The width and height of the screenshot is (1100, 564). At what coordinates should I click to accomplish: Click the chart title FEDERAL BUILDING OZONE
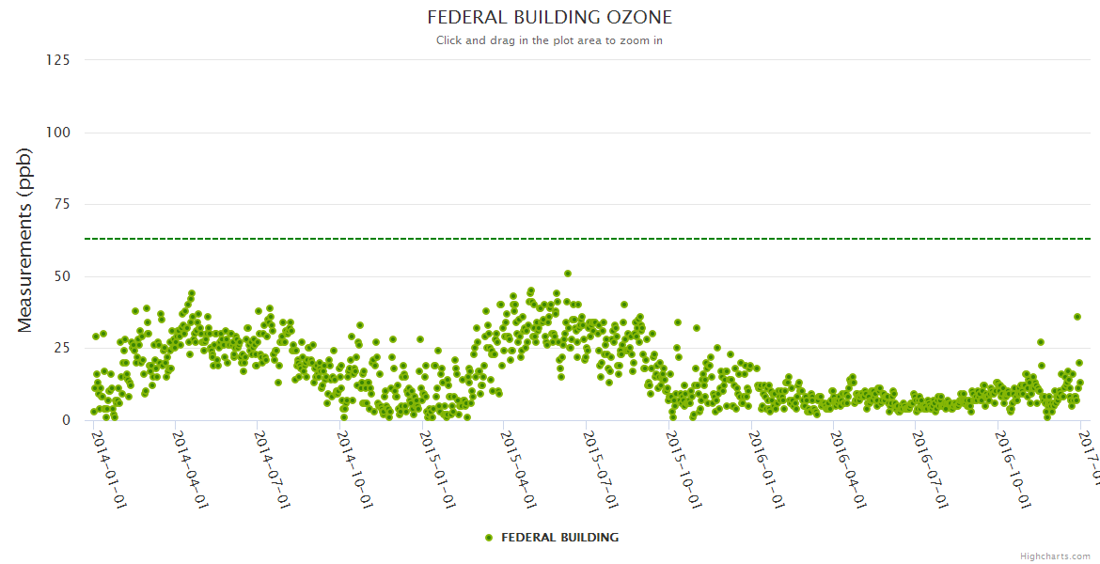(549, 18)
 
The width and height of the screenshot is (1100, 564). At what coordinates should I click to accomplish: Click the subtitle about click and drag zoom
(549, 40)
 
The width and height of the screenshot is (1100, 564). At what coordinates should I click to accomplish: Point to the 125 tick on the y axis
(57, 60)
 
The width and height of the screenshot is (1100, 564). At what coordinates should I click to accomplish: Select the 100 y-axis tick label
(57, 133)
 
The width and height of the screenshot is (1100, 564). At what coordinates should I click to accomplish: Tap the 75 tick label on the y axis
(61, 204)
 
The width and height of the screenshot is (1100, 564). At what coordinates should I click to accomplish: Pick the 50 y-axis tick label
(61, 276)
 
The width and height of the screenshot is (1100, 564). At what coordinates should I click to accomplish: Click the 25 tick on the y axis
(61, 349)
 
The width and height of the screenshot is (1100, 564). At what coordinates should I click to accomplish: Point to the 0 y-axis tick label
(65, 420)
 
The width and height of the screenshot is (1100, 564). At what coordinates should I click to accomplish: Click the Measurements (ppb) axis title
(25, 240)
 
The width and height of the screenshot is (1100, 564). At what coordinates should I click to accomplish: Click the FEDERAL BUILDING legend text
(559, 538)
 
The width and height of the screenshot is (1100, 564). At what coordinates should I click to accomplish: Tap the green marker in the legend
(488, 538)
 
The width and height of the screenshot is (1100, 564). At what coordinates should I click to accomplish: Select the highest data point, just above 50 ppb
(568, 274)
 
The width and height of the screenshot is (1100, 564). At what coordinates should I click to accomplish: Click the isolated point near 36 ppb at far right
(1077, 317)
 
